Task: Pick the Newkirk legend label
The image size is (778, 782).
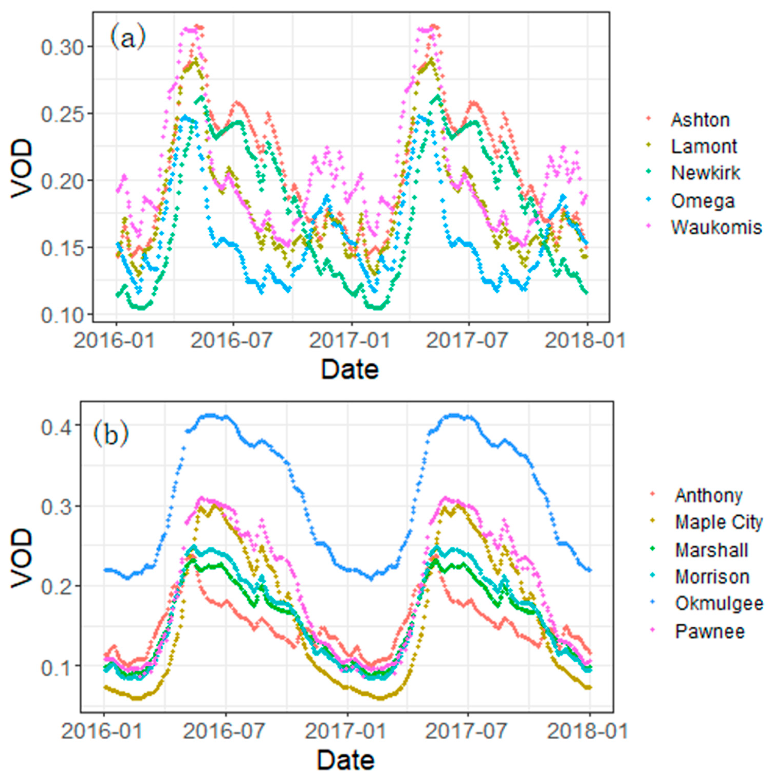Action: click(x=705, y=173)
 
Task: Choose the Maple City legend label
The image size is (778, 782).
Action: click(x=718, y=522)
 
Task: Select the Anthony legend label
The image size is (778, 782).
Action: click(x=708, y=495)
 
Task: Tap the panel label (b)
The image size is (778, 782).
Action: click(x=111, y=435)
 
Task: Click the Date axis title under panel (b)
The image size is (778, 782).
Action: click(x=345, y=760)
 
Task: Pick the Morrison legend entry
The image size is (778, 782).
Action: click(x=712, y=577)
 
